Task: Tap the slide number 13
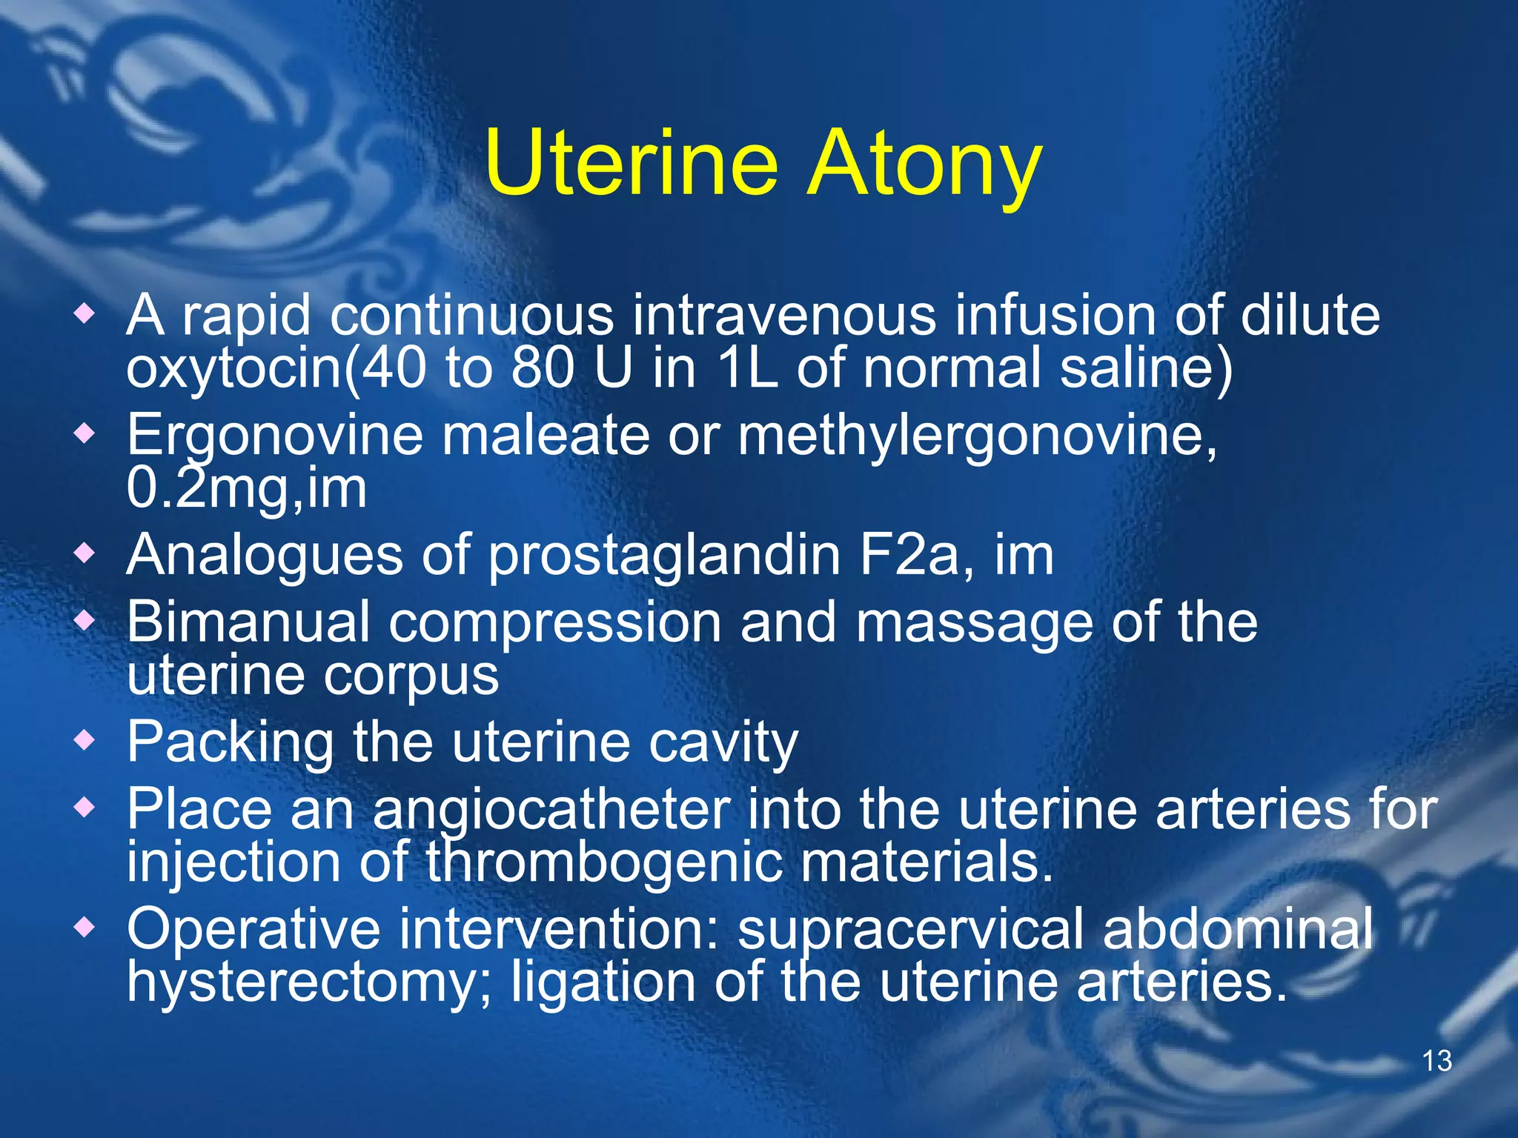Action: click(1436, 1061)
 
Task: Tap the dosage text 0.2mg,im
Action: click(246, 489)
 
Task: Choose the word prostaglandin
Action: click(664, 556)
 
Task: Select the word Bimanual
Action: click(248, 622)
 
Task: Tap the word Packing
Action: click(230, 742)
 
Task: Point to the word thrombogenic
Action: click(604, 863)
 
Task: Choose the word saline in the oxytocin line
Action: click(1145, 369)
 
